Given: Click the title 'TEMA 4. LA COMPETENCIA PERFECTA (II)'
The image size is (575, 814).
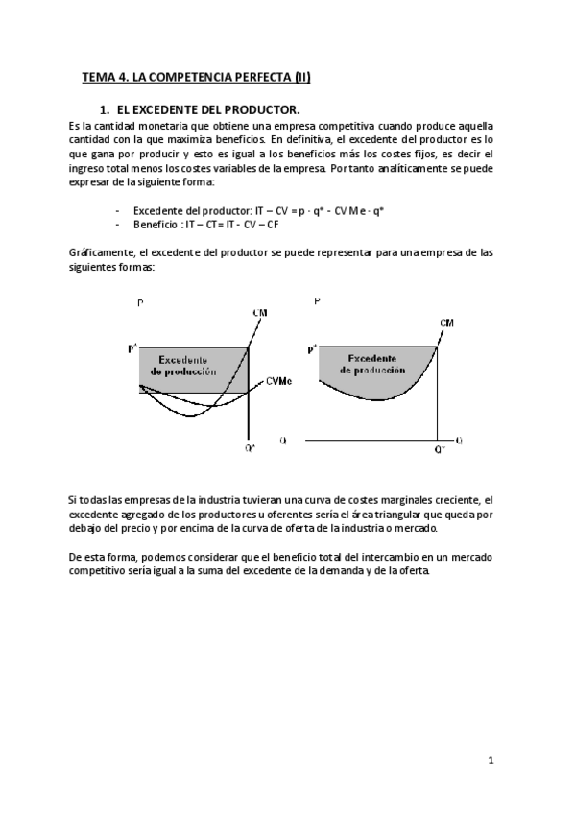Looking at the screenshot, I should pyautogui.click(x=196, y=77).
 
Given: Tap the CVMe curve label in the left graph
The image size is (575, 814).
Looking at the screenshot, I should pyautogui.click(x=279, y=381).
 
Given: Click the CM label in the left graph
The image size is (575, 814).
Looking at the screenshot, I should pyautogui.click(x=260, y=313).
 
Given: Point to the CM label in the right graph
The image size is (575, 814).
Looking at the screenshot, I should pyautogui.click(x=447, y=323).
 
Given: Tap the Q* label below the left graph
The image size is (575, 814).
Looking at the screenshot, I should pyautogui.click(x=251, y=447).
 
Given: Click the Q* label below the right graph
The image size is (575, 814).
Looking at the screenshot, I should pyautogui.click(x=440, y=448).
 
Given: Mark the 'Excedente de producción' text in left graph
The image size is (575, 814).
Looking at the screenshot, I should pyautogui.click(x=183, y=363).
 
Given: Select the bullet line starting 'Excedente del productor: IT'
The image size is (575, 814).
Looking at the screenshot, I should pyautogui.click(x=258, y=210).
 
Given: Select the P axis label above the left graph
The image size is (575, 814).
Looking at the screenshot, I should pyautogui.click(x=140, y=303).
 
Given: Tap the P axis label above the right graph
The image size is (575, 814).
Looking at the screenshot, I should pyautogui.click(x=318, y=301).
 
